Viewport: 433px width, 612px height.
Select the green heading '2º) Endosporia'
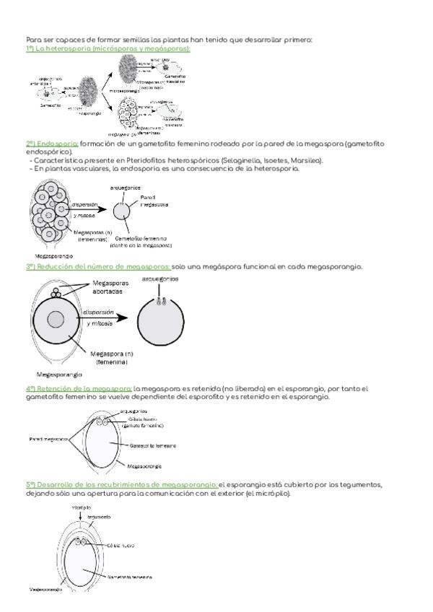pyautogui.click(x=52, y=144)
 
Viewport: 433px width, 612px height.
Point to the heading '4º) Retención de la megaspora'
pyautogui.click(x=79, y=389)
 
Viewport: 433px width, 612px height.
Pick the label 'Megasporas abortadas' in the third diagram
pyautogui.click(x=112, y=287)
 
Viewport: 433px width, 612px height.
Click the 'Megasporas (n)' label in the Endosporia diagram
pyautogui.click(x=93, y=235)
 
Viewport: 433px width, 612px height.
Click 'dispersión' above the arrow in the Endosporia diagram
pyautogui.click(x=84, y=204)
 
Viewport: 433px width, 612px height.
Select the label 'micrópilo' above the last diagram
pyautogui.click(x=81, y=508)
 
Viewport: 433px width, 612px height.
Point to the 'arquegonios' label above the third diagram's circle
pyautogui.click(x=160, y=278)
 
